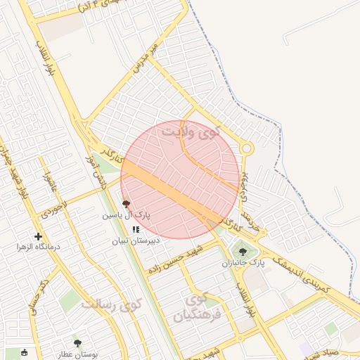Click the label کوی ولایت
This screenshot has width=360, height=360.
pyautogui.click(x=191, y=130)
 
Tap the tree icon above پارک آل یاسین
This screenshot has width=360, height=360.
pyautogui.click(x=126, y=202)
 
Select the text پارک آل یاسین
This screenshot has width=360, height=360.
pyautogui.click(x=127, y=214)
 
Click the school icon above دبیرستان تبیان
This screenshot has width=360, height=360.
pyautogui.click(x=136, y=229)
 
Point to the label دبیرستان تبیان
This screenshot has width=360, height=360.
pyautogui.click(x=136, y=240)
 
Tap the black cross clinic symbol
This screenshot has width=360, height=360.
pyautogui.click(x=38, y=236)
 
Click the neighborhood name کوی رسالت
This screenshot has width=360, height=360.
pyautogui.click(x=110, y=305)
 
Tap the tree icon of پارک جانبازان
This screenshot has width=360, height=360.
pyautogui.click(x=243, y=251)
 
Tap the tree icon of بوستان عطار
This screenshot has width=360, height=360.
pyautogui.click(x=77, y=342)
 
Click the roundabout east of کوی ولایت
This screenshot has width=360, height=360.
pyautogui.click(x=246, y=148)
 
